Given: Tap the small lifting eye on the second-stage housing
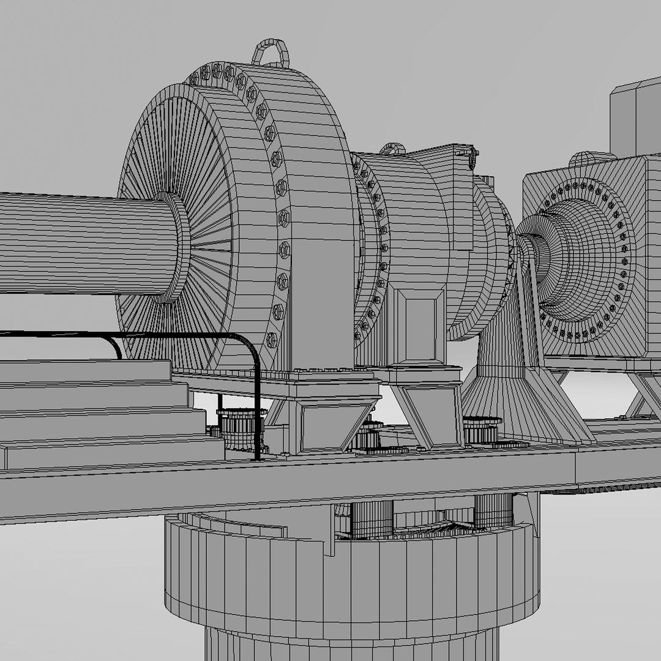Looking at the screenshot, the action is click(x=392, y=149).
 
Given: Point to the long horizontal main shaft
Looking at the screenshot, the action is click(x=80, y=243).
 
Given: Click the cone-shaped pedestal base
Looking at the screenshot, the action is click(x=520, y=398).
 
